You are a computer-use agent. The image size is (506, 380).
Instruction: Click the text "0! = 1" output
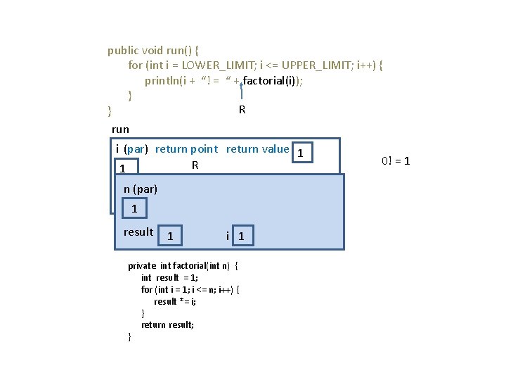pos(396,160)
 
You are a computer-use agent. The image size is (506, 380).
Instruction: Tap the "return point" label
pos(186,148)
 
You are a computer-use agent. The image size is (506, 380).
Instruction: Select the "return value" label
pos(257,148)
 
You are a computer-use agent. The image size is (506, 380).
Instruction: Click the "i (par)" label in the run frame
pos(131,148)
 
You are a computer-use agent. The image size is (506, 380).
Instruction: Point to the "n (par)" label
pos(141,189)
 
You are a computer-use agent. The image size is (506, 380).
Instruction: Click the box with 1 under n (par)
pos(134,209)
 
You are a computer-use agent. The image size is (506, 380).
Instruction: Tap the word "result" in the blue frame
pos(138,232)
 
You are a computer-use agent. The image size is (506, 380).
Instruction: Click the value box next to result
pos(171,236)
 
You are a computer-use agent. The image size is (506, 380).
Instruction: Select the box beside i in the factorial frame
pos(241,236)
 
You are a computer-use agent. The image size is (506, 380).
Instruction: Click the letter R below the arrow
pos(242,110)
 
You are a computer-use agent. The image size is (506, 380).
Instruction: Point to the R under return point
pos(195,165)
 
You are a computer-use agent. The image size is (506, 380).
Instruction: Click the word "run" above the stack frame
pos(120,129)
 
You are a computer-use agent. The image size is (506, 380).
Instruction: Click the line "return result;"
pos(167,324)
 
